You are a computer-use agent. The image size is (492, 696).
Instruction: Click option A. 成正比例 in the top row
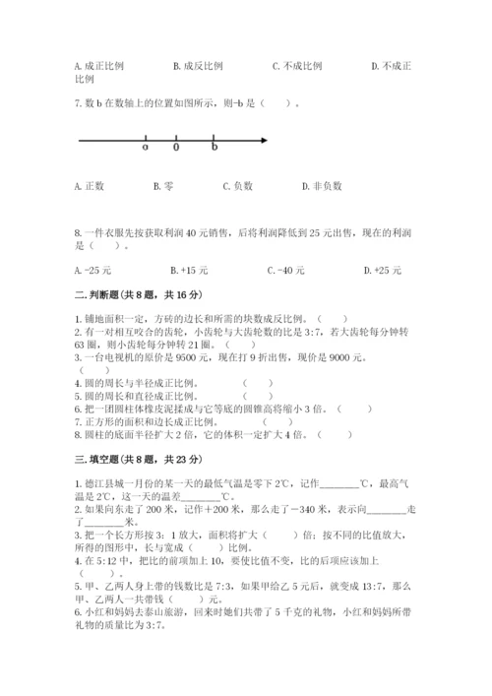[x=98, y=66]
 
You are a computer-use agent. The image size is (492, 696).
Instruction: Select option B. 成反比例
[x=197, y=66]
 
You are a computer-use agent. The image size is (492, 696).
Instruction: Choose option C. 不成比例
[x=297, y=66]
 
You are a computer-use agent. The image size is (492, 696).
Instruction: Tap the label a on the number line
[x=145, y=149]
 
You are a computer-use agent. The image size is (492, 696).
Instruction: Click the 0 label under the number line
[x=176, y=149]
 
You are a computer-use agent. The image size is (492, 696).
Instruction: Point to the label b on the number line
[x=215, y=149]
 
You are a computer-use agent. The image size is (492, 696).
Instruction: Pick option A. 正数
[x=90, y=185]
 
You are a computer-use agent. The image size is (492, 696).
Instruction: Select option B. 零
[x=163, y=185]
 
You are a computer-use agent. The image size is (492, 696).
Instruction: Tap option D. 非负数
[x=322, y=185]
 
